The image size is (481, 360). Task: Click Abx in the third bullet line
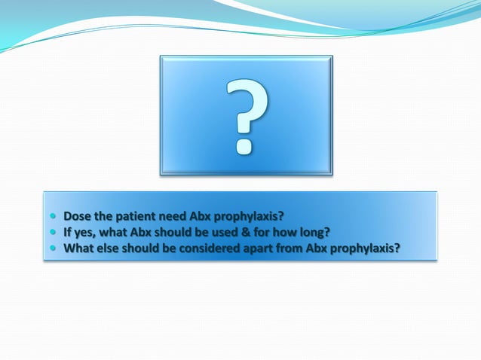pyautogui.click(x=337, y=248)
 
